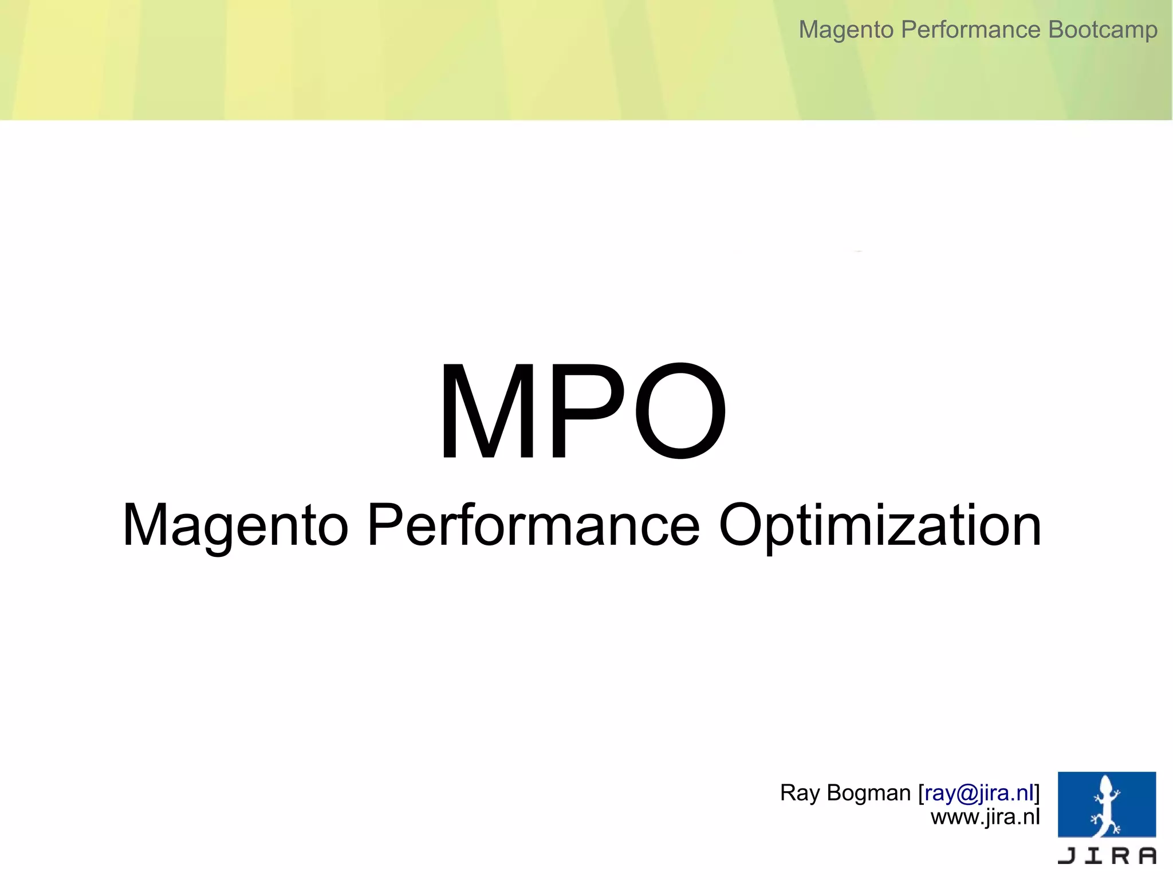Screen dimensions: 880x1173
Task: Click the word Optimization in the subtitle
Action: coord(880,525)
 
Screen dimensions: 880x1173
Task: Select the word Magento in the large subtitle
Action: coord(235,525)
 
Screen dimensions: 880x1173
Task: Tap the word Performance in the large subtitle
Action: coord(533,525)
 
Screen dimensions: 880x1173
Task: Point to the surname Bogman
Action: coord(869,793)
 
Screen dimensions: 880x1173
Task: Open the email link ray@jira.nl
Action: coord(979,793)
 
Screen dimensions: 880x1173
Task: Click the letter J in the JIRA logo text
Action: coord(1067,855)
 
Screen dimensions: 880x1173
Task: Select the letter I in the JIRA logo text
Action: coord(1095,855)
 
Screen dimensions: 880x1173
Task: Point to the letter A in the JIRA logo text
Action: coord(1147,855)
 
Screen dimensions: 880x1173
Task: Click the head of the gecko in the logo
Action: coord(1106,783)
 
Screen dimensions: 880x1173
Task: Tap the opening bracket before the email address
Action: coord(921,793)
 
